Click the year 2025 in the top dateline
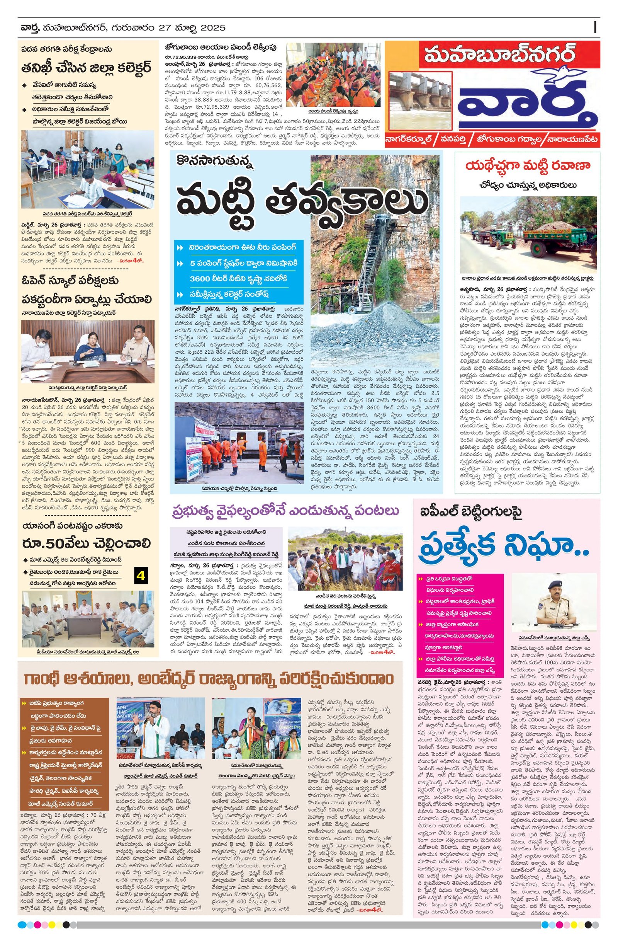[x=213, y=28]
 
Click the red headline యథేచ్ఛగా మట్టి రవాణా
[x=527, y=166]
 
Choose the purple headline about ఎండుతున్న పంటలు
[x=285, y=511]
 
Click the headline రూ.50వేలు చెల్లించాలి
[x=86, y=543]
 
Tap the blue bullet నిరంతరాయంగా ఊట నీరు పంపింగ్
[x=243, y=247]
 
